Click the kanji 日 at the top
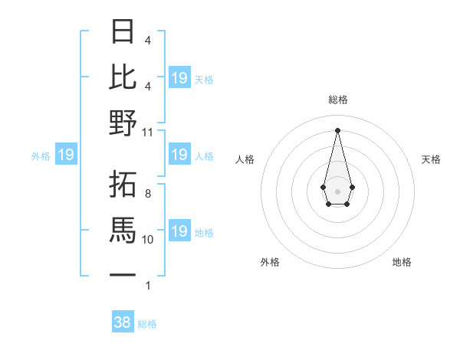point(123,31)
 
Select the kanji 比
point(123,77)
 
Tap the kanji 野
point(123,123)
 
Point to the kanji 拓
point(123,184)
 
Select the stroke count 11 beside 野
point(148,132)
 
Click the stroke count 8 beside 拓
point(148,194)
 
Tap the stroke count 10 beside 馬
point(148,240)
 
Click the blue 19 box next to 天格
point(179,77)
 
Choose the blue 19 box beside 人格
point(179,155)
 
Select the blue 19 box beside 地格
point(179,231)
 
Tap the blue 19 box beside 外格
point(66,155)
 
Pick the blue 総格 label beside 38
point(148,324)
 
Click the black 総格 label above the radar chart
point(338,100)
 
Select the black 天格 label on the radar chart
point(432,159)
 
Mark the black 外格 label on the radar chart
point(270,262)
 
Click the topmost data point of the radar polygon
point(337,129)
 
